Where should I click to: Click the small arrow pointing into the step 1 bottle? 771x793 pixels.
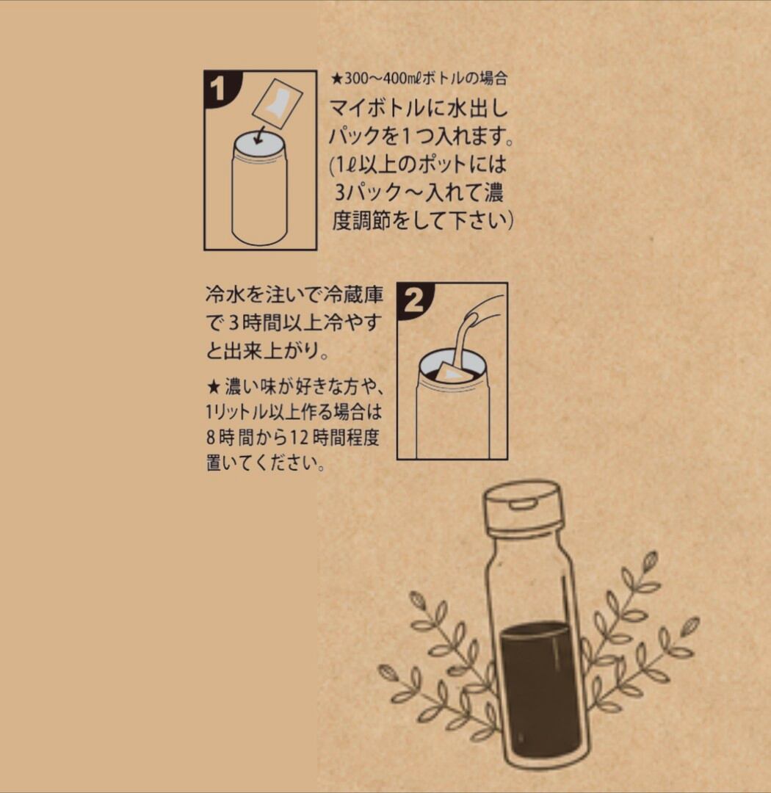pyautogui.click(x=261, y=135)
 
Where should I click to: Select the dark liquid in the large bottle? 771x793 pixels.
pyautogui.click(x=541, y=688)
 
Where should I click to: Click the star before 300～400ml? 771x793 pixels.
pyautogui.click(x=337, y=79)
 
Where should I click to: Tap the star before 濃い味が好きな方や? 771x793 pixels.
pyautogui.click(x=214, y=388)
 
